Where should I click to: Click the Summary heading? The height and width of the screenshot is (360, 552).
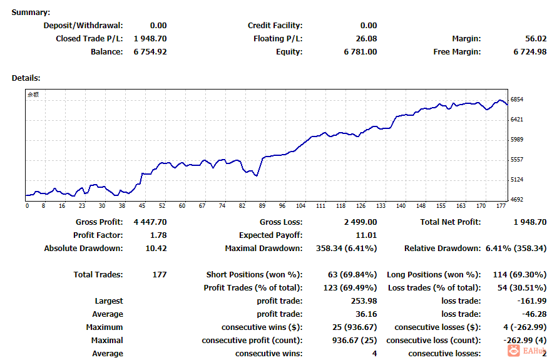31,13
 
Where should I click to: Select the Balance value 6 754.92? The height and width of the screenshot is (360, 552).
150,52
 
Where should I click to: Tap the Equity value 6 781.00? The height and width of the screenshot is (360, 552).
360,52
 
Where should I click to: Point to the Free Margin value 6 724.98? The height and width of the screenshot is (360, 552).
530,52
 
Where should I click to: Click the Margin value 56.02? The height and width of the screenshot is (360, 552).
536,39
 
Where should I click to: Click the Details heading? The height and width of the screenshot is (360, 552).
26,78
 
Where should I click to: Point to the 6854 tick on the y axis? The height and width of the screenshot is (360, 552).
516,100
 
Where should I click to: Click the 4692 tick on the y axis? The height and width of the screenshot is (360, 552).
516,200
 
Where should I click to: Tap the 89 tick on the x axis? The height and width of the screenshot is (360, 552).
262,206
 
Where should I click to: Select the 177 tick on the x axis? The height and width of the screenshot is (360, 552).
501,206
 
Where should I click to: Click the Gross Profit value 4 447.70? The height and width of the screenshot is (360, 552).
150,222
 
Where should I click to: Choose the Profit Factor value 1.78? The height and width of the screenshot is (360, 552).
159,235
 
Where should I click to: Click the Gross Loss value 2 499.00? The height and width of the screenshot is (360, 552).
360,222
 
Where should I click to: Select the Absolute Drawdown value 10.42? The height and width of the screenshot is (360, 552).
156,249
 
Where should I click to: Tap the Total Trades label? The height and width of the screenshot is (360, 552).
98,275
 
